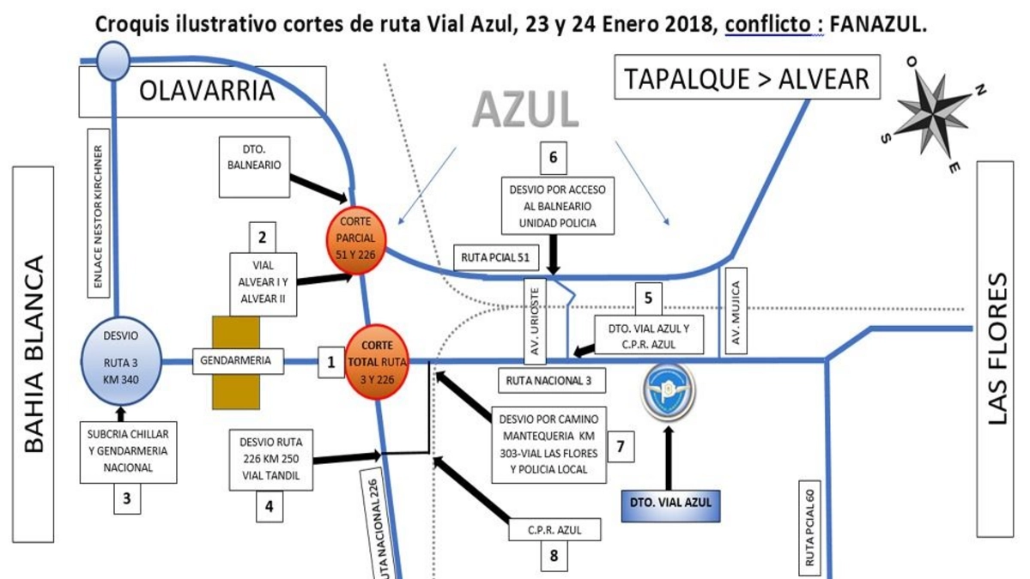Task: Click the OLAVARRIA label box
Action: [x=203, y=92]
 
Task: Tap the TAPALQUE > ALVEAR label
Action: [x=748, y=77]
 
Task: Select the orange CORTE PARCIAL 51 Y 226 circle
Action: [x=355, y=239]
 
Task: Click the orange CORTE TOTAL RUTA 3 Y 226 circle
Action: [x=377, y=362]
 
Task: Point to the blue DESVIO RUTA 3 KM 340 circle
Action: [x=121, y=361]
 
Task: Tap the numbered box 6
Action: [x=553, y=158]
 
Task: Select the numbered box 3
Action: [x=127, y=498]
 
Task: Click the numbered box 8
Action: [x=554, y=556]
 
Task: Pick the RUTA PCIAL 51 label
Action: [x=496, y=258]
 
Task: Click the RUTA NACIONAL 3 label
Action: [x=552, y=381]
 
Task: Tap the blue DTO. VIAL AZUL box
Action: [x=670, y=506]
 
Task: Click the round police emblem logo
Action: [x=669, y=391]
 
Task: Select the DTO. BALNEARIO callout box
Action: [x=254, y=166]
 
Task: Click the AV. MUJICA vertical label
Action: [x=736, y=311]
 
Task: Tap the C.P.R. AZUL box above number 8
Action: [x=554, y=530]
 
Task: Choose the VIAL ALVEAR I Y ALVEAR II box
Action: [x=263, y=285]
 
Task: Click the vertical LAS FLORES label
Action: [x=995, y=349]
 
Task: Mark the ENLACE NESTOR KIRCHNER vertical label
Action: [x=99, y=214]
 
